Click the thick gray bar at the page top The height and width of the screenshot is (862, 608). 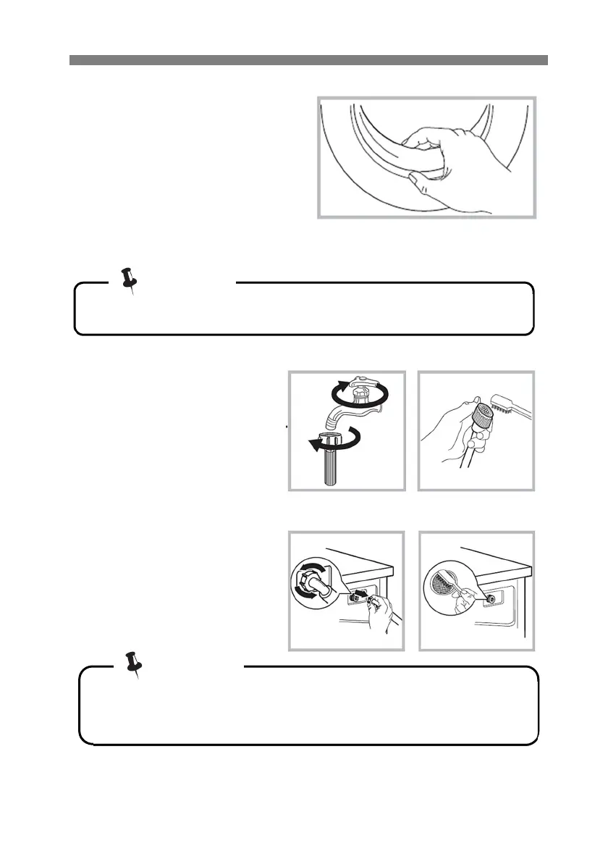[x=308, y=60]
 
